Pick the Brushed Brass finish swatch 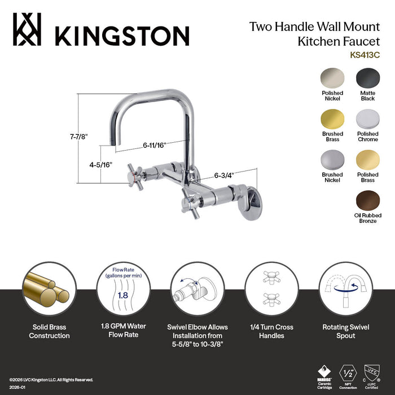(x=332, y=119)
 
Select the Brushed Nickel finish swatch (x=332, y=161)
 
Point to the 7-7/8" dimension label (x=79, y=137)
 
